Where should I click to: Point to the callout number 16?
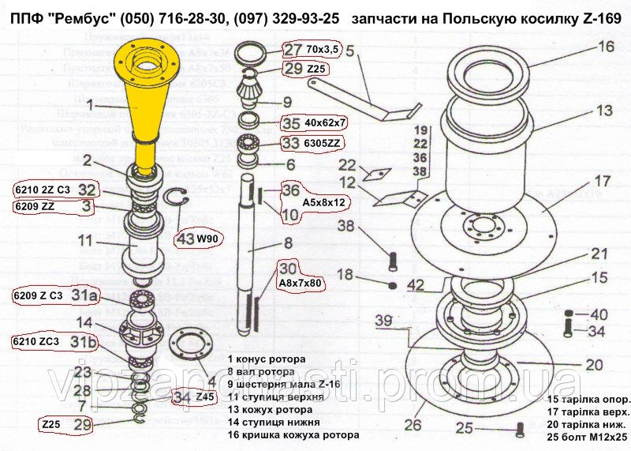pos(604,47)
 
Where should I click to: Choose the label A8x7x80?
pos(295,282)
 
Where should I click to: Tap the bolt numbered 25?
pos(518,430)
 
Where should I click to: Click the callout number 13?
pos(604,110)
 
